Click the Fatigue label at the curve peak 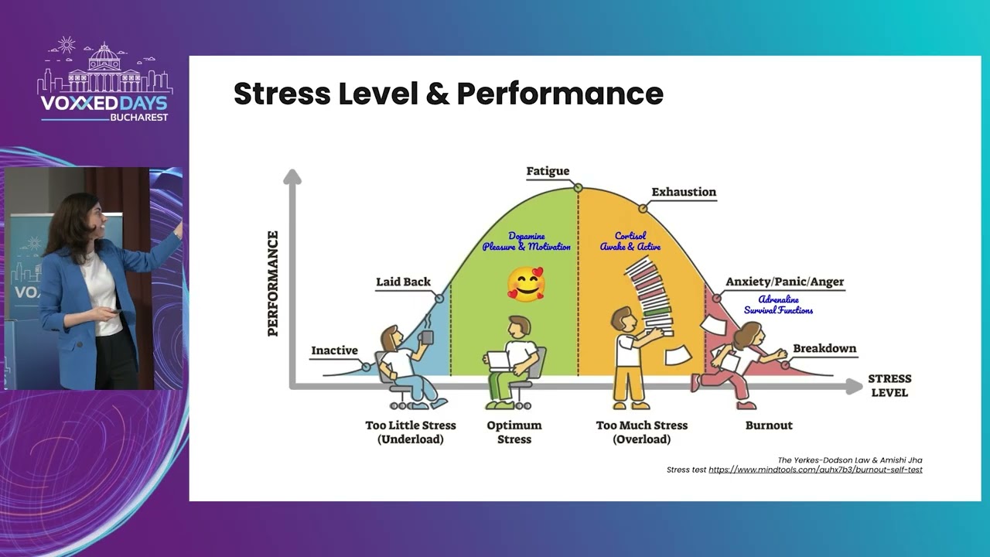click(x=548, y=171)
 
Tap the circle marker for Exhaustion click(x=643, y=208)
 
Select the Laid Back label click(x=403, y=282)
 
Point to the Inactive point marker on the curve click(x=366, y=367)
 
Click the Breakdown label click(x=824, y=348)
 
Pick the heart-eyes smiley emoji click(x=525, y=284)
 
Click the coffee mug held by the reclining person click(x=426, y=337)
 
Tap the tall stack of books click(x=650, y=296)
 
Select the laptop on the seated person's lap click(x=499, y=361)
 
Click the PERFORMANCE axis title click(x=273, y=283)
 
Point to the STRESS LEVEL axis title click(x=889, y=385)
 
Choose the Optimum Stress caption click(x=514, y=432)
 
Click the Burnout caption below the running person click(x=769, y=425)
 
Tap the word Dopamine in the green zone click(x=527, y=236)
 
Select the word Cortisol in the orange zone click(x=630, y=236)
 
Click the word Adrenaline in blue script click(x=778, y=299)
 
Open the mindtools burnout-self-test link click(x=815, y=470)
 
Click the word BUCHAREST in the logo click(x=139, y=118)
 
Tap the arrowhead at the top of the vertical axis click(x=292, y=176)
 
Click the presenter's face click(x=97, y=218)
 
